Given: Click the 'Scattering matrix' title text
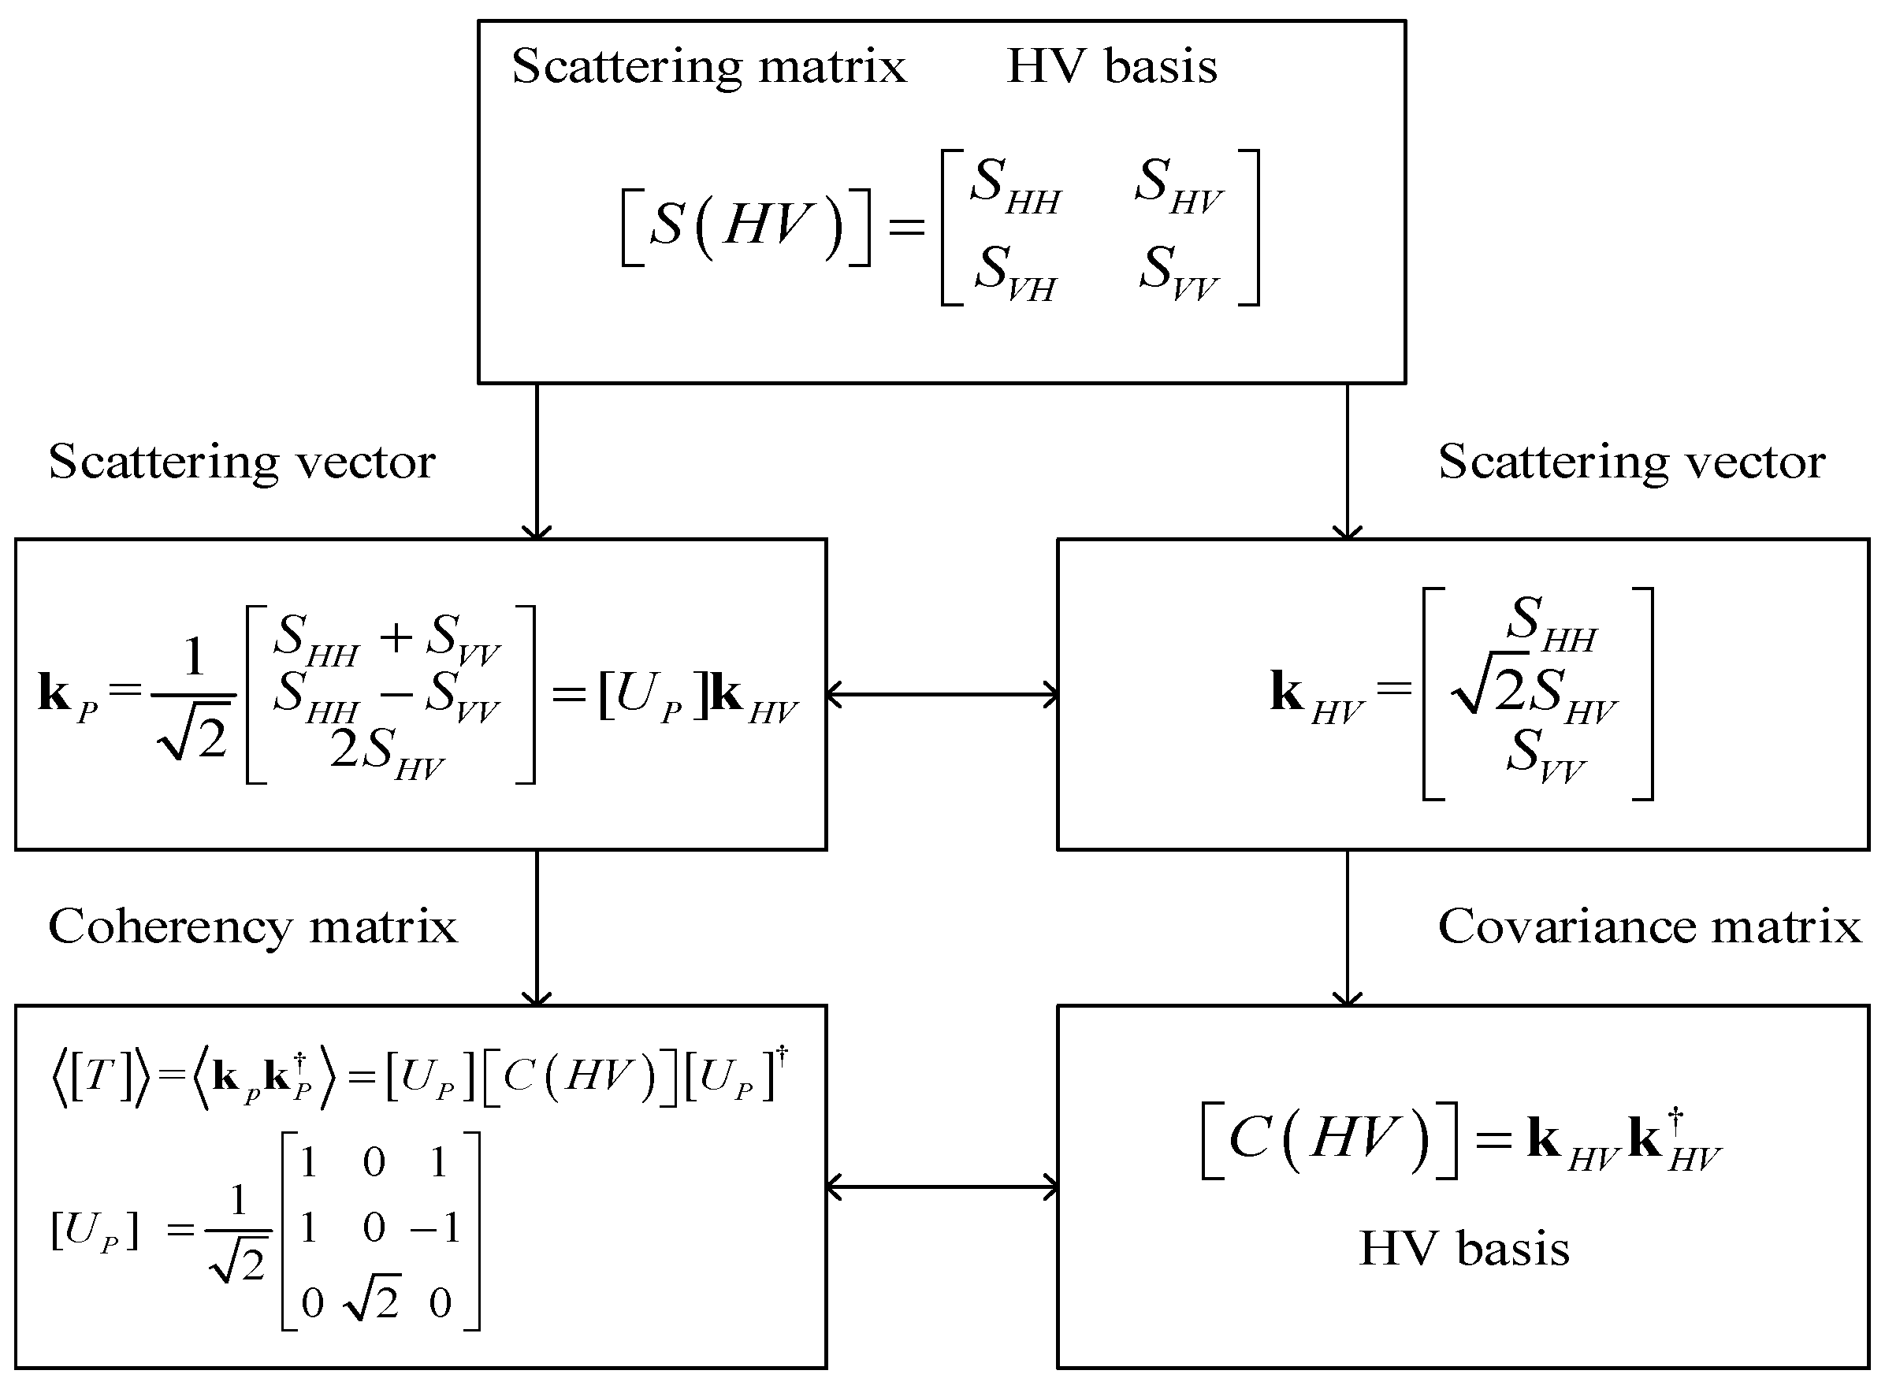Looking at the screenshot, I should coord(708,66).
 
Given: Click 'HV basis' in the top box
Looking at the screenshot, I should coord(1111,66).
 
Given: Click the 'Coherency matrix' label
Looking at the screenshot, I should coord(252,927).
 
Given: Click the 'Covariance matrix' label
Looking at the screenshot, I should coord(1649,927).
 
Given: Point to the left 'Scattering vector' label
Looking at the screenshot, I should coord(241,462).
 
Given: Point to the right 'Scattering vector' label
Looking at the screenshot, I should coord(1631,462).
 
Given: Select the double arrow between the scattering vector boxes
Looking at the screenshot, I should coord(942,695).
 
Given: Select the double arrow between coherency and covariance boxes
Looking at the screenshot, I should coord(942,1187).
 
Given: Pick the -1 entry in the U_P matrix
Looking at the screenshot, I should coord(436,1228).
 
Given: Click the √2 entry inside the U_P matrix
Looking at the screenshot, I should coord(373,1302).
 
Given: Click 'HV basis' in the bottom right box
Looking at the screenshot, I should coord(1463,1249).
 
